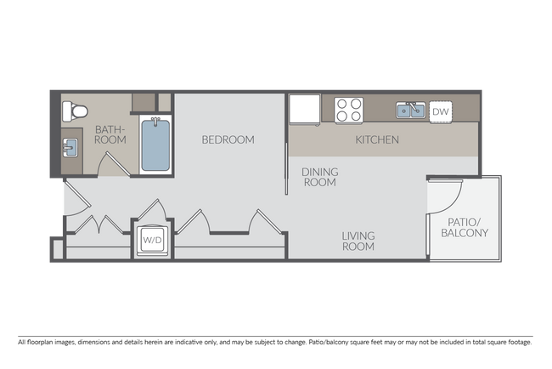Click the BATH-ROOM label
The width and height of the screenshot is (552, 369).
(110, 135)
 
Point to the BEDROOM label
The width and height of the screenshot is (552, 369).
(228, 139)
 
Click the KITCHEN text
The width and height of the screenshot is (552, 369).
(377, 139)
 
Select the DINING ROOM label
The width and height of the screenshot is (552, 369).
(320, 177)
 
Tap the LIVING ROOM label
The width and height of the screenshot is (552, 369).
(358, 241)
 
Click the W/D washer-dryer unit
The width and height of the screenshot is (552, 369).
(153, 240)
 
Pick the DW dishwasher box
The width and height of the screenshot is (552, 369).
(440, 111)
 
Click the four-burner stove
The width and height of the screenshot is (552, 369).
(348, 111)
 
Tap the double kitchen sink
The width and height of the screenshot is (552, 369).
(409, 111)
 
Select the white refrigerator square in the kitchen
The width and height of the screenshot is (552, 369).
(302, 110)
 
